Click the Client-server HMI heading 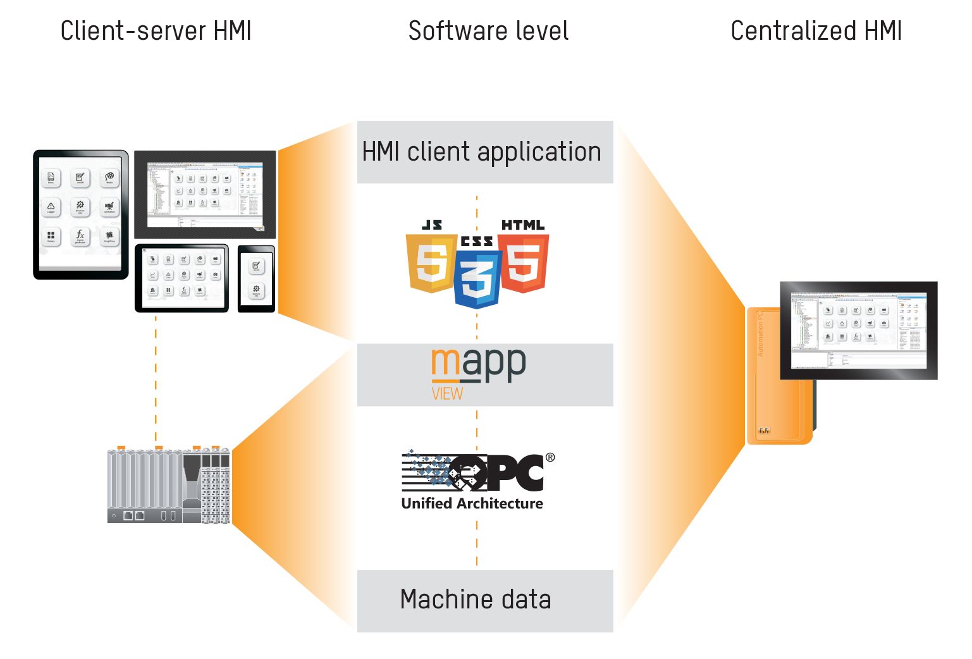pos(156,31)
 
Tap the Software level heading pos(488,31)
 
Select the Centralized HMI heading pos(816,31)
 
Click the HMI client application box pos(484,152)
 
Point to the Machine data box pos(484,600)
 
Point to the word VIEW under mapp pos(447,394)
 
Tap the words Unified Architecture pos(472,503)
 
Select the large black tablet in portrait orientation pos(80,214)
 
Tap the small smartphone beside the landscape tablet pos(256,279)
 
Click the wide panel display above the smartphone pos(205,194)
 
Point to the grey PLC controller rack pos(168,486)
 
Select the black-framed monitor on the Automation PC pos(858,330)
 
